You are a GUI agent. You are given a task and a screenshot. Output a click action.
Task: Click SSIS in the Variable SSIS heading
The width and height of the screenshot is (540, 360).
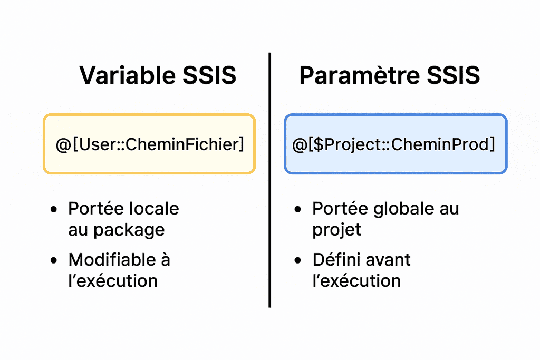[x=209, y=75]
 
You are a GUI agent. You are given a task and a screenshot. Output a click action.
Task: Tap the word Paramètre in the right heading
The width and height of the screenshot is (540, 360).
[x=359, y=75]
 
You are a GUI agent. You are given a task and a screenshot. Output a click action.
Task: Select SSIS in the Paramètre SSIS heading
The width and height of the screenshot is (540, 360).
[x=453, y=75]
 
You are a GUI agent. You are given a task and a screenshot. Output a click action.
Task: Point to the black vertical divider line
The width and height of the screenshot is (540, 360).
[x=269, y=180]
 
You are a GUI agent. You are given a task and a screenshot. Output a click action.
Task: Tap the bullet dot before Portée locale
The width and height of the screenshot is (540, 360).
[x=54, y=209]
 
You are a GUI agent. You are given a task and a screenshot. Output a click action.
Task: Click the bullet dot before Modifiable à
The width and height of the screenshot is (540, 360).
[x=54, y=260]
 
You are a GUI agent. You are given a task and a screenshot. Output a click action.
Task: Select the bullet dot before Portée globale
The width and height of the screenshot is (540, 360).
[x=298, y=209]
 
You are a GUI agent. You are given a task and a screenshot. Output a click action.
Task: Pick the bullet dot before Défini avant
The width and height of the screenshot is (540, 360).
[x=298, y=260]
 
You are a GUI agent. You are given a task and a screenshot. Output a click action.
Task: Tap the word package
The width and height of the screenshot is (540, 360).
[x=129, y=230]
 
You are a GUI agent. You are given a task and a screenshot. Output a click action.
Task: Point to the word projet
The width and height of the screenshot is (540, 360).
[x=337, y=230]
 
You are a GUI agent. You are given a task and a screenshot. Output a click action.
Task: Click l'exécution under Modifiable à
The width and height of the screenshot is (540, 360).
[x=113, y=281]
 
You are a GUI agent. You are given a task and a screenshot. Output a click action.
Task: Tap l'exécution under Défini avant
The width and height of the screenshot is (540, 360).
[x=357, y=281]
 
